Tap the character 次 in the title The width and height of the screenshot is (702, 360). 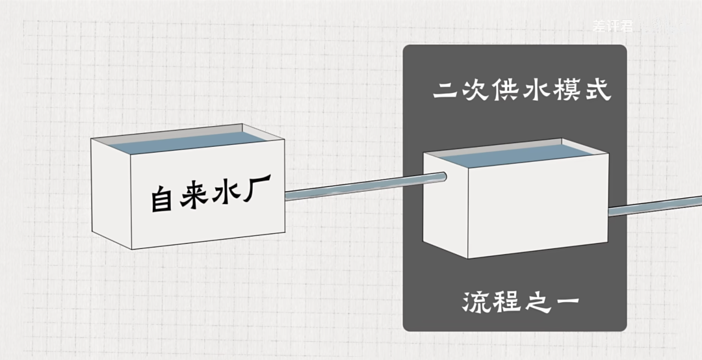coord(475,90)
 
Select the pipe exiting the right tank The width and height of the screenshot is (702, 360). coord(656,207)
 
